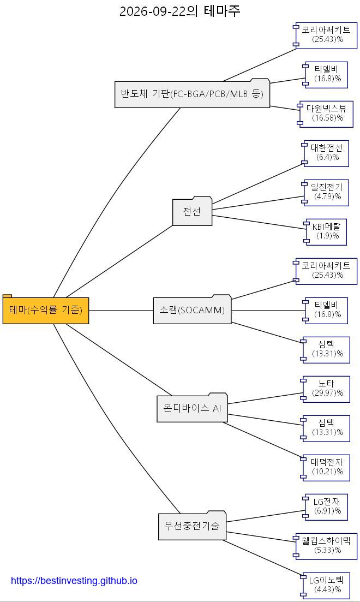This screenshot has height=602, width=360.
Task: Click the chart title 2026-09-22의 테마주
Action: (179, 11)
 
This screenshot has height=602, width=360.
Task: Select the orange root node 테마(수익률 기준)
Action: (46, 309)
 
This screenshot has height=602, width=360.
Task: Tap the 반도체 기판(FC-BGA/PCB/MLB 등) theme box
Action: (193, 93)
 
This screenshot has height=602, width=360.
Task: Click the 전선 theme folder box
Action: (193, 211)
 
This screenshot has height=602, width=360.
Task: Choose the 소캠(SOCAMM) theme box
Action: (193, 309)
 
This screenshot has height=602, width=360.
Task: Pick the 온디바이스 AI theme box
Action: (193, 408)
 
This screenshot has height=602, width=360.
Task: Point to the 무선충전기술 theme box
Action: (193, 525)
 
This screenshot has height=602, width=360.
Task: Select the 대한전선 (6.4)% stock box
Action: (326, 153)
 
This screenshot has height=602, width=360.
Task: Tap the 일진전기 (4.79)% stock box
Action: (326, 192)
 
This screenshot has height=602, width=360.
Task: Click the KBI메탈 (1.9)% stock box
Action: (326, 232)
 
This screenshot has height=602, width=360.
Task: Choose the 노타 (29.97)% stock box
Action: (326, 389)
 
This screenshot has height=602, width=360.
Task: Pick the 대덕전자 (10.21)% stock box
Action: (326, 468)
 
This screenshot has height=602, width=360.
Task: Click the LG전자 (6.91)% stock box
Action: (326, 507)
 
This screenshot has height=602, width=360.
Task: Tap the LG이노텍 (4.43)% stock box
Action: (326, 586)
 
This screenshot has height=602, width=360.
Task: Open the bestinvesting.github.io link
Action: (74, 580)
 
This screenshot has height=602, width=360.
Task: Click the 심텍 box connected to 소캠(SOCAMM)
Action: (326, 350)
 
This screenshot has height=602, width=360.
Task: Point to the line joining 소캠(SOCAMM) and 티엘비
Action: (268, 311)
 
